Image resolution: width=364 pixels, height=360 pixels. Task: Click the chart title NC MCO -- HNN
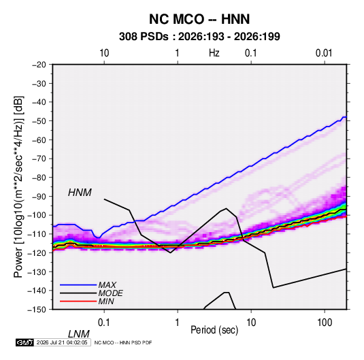(199, 19)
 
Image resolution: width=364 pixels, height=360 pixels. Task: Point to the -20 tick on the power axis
(39, 65)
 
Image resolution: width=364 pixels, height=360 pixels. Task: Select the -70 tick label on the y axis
(39, 159)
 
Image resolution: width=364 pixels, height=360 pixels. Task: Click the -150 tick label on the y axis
(37, 310)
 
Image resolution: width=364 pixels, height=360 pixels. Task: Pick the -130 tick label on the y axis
(37, 272)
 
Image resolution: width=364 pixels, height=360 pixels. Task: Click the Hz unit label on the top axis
(214, 53)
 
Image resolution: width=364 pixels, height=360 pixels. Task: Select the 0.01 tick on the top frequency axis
(324, 53)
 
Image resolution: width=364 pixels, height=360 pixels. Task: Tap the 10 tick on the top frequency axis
(104, 53)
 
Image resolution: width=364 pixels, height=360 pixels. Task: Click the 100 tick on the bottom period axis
(325, 323)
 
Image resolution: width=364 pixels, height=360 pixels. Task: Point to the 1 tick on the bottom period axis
(178, 323)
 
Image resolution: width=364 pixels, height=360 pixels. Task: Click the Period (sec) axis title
(214, 330)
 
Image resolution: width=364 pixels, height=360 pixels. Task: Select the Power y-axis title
(18, 186)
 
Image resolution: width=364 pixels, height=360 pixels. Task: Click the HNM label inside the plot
(80, 193)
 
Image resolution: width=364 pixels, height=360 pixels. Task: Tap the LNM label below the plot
(78, 334)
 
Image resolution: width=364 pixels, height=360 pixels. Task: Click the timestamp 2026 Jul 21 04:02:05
(62, 342)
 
